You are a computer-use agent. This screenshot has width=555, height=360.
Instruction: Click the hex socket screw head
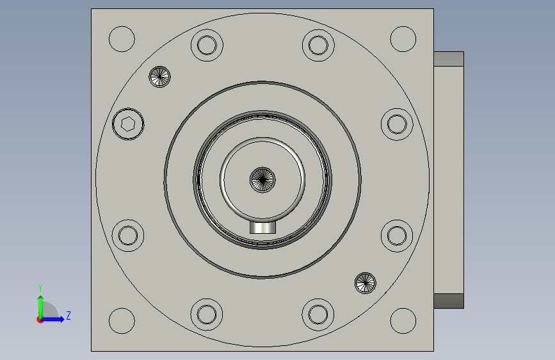128,124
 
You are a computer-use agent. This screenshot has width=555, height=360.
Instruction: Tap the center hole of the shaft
262,180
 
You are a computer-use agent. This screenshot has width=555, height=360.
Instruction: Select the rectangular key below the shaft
262,227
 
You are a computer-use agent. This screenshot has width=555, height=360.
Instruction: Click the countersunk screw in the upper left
159,77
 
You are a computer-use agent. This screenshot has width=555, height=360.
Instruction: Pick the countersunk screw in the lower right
366,283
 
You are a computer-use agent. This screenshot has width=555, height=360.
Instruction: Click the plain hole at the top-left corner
122,39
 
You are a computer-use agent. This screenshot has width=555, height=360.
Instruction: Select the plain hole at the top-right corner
403,39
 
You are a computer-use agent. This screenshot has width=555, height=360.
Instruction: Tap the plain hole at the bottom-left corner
122,321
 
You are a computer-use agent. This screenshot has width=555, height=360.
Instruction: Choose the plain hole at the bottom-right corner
403,321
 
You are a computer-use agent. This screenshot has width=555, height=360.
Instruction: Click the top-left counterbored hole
207,45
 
